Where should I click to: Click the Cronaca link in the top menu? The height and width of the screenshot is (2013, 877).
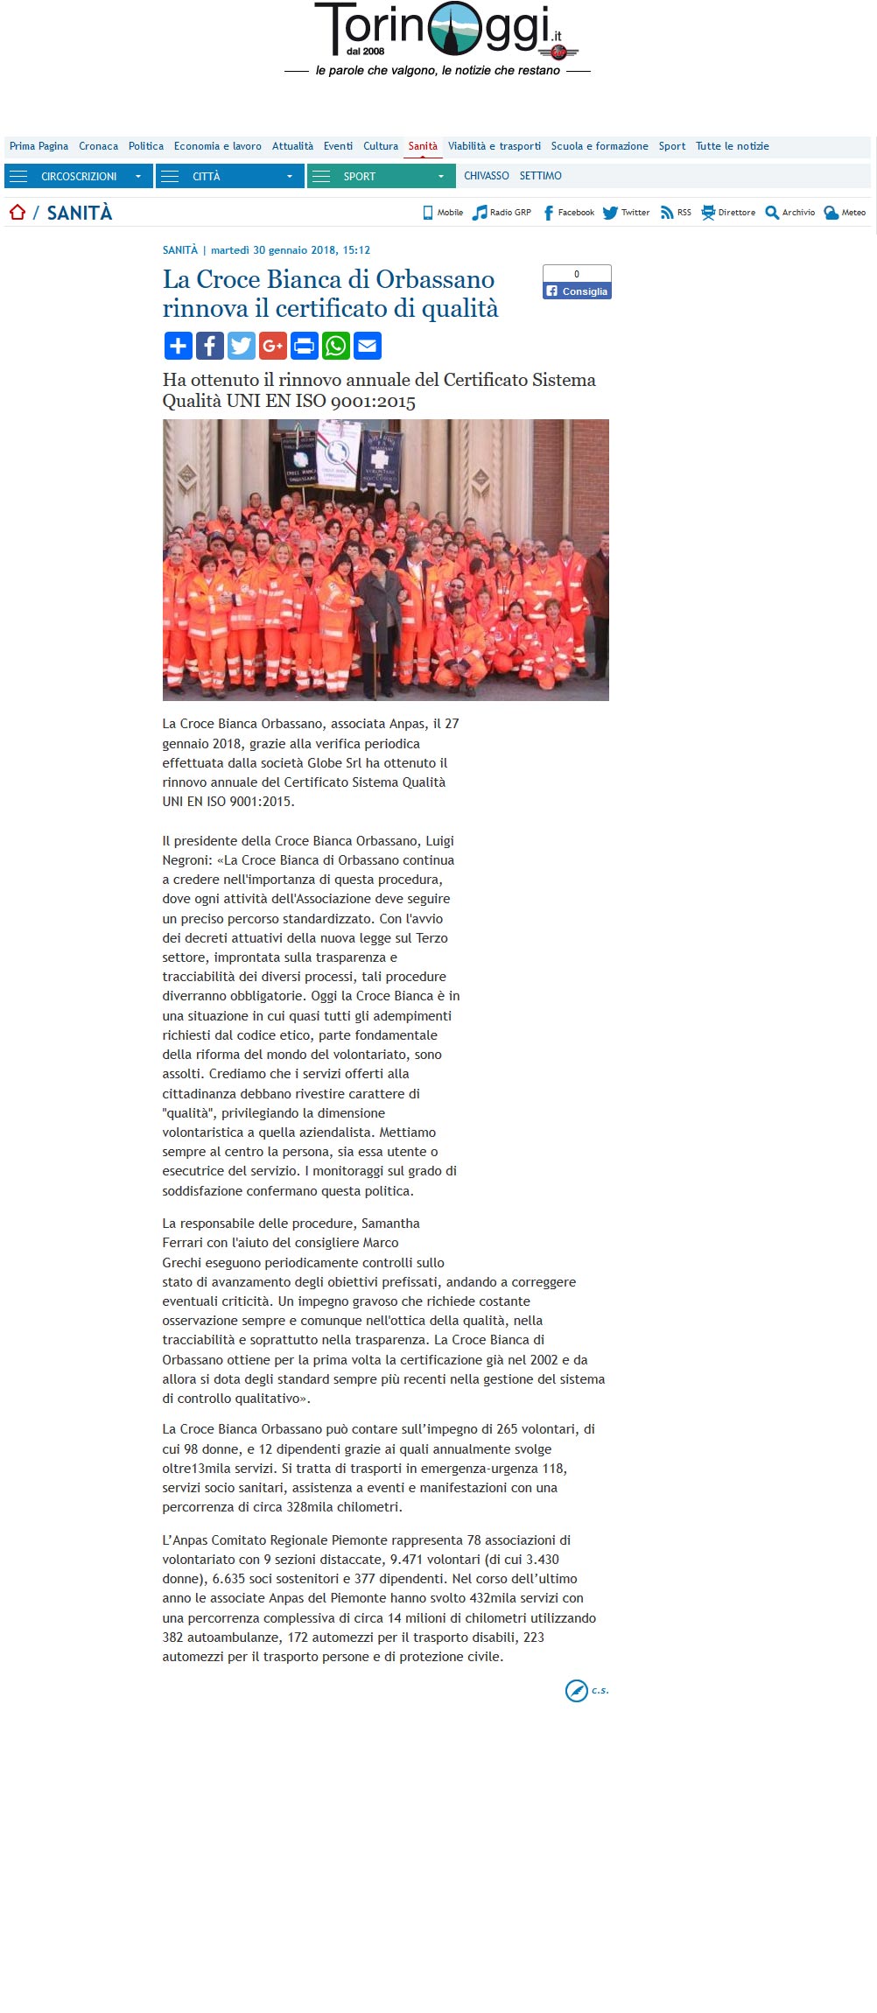click(98, 146)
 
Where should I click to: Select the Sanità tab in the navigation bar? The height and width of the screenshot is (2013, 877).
click(423, 146)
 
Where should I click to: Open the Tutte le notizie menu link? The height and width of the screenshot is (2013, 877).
click(732, 146)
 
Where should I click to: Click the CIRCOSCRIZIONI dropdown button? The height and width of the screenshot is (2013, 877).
click(78, 177)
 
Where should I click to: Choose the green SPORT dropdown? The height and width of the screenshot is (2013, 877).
click(381, 177)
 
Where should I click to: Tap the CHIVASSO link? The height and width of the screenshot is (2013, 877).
click(486, 176)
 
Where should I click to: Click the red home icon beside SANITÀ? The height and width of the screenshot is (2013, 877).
click(18, 213)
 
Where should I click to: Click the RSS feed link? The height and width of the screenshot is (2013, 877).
click(676, 213)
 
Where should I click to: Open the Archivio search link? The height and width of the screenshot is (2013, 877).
click(789, 213)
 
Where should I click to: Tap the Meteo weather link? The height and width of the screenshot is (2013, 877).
click(845, 213)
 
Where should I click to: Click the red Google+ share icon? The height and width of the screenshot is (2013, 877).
click(273, 346)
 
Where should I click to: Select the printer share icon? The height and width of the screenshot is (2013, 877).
click(305, 346)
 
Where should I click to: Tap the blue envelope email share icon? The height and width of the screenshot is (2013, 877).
click(368, 346)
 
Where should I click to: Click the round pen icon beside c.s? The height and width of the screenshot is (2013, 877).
click(576, 1691)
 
